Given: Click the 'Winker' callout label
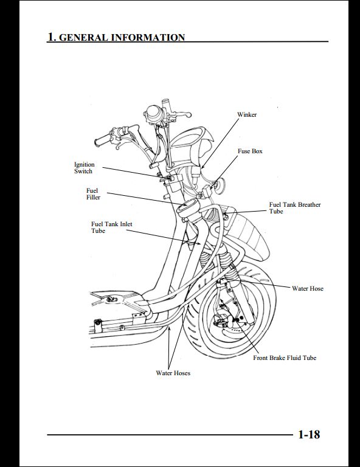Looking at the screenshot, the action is (247, 115).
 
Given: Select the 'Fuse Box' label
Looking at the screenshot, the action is (250, 151).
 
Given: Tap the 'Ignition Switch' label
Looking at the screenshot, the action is (85, 168).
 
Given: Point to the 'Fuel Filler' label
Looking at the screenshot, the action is (93, 194).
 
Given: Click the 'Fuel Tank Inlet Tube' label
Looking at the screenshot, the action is (112, 227).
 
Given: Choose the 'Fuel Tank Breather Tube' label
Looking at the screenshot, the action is (295, 208).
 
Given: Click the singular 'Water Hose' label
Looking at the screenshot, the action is (308, 289).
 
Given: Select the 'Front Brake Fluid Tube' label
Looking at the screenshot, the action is (285, 358).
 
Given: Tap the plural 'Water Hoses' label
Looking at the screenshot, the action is (173, 373).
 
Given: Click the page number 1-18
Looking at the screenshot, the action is (309, 435).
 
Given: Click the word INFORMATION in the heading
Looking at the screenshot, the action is (148, 38).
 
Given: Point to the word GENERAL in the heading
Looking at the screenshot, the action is (83, 38).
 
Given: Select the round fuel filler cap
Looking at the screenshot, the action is (187, 207).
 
